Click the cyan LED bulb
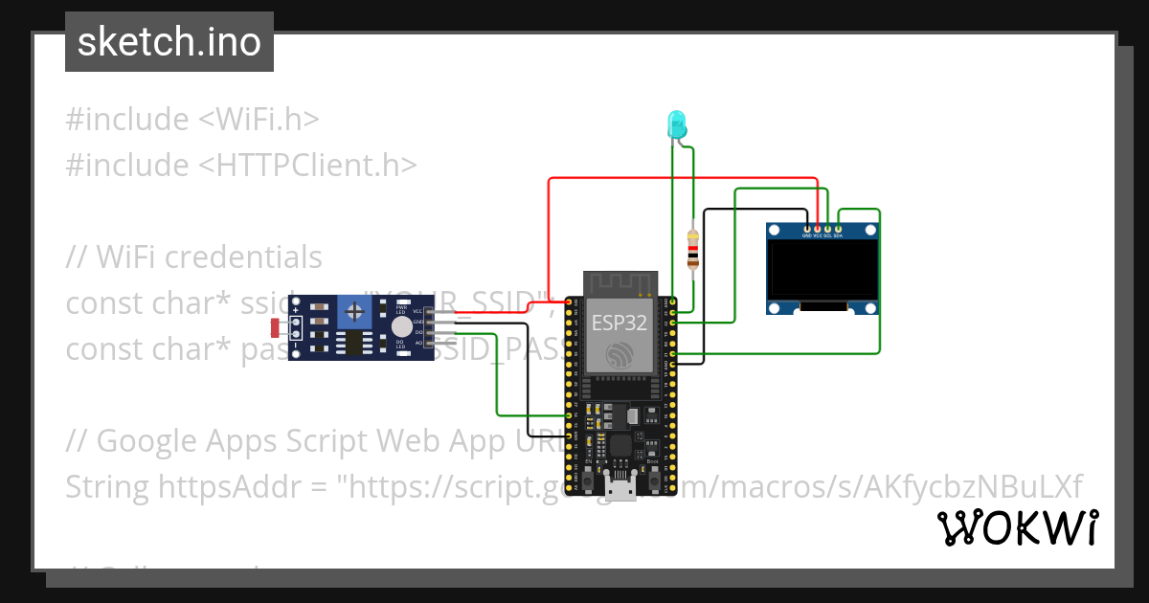coord(676,123)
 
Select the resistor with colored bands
coord(693,248)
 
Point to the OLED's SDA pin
coord(839,229)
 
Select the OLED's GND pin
coord(806,229)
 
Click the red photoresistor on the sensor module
coord(276,328)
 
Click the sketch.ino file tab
coord(169,42)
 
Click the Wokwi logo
coord(1017,527)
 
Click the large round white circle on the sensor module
coord(402,326)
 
